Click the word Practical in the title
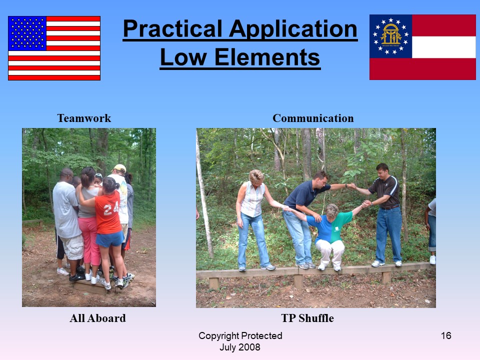173,29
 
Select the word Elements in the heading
267,57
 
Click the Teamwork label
84,118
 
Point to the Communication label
313,118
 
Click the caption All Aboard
97,318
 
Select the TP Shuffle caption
307,318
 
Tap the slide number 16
446,335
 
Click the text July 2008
240,347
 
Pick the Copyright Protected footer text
240,336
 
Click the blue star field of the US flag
27,33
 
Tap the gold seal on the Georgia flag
390,34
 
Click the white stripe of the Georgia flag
444,47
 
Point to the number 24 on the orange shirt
111,209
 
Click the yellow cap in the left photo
119,168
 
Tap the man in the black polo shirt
385,214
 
